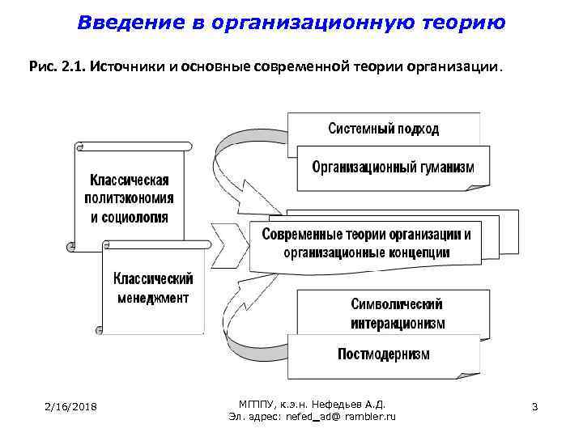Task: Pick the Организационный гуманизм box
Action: coord(394,168)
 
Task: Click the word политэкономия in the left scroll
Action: coord(130,198)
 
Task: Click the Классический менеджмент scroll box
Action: coord(152,288)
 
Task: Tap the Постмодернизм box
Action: coord(384,354)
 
